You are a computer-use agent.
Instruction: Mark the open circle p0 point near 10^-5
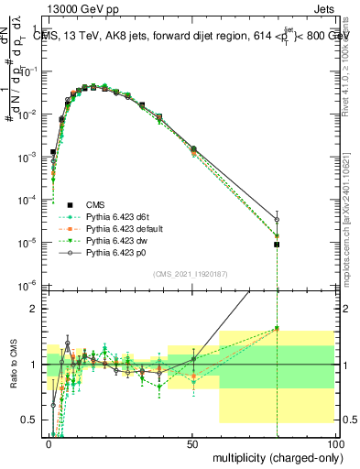point(277,220)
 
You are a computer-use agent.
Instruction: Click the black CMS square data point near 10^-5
point(277,245)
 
